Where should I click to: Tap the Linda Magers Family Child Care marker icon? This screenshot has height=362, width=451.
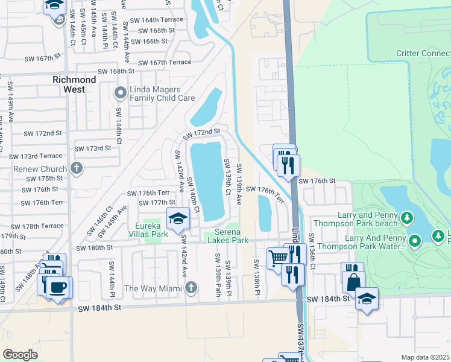[119, 92]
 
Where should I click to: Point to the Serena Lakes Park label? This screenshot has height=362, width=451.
[228, 236]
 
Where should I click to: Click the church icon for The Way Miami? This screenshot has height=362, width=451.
[191, 287]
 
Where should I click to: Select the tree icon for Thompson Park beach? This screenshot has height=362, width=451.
[408, 217]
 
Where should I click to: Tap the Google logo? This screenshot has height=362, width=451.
[20, 354]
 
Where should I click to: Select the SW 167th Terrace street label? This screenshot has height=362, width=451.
[165, 62]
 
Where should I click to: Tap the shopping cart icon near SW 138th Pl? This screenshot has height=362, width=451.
[278, 258]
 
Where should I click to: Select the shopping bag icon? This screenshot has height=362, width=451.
[353, 282]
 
